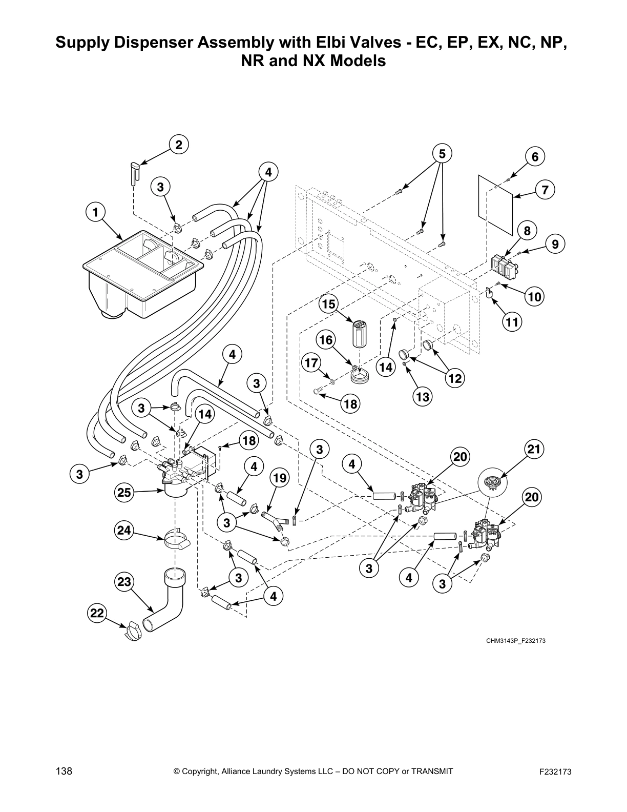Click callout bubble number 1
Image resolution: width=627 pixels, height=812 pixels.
click(95, 212)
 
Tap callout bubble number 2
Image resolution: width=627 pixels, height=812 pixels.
click(178, 145)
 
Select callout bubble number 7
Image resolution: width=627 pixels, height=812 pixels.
click(545, 190)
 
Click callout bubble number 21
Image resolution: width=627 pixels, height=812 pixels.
click(534, 450)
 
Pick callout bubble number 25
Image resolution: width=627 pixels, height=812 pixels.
click(124, 493)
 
